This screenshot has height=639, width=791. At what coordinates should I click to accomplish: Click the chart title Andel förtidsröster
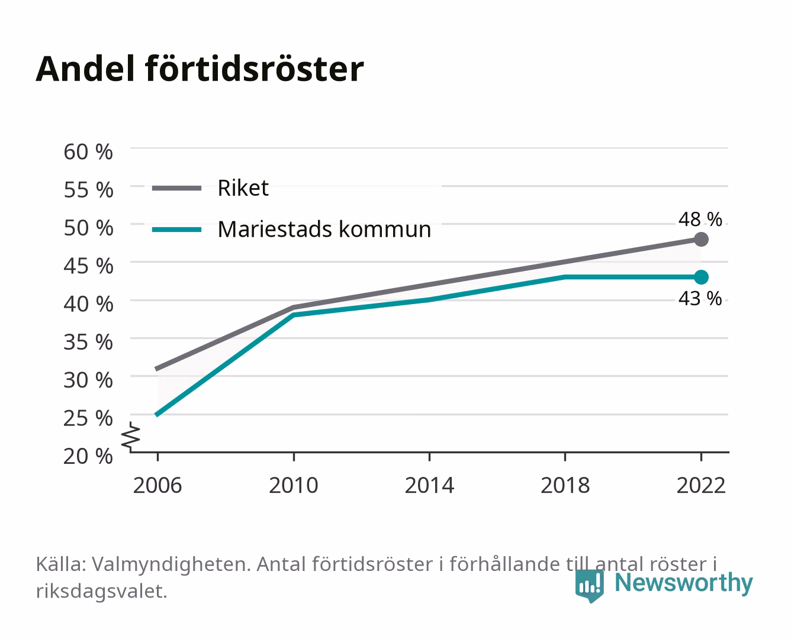tap(200, 69)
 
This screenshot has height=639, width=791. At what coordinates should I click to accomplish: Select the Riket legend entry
tap(210, 188)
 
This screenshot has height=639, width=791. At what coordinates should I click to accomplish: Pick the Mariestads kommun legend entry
tap(291, 230)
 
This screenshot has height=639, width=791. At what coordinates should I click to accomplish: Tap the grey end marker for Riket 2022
tap(701, 240)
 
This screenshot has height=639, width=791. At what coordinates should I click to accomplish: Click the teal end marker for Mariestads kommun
tap(701, 277)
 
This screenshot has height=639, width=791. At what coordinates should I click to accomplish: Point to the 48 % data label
tap(700, 220)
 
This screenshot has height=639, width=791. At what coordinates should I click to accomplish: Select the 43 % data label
tap(700, 299)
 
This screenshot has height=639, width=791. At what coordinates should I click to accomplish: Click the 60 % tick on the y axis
tap(88, 152)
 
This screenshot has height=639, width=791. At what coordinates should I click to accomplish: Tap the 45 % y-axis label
tap(88, 266)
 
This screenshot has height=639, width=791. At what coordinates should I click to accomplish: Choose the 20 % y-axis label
tap(88, 456)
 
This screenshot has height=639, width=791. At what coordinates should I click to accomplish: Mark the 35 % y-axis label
tap(88, 342)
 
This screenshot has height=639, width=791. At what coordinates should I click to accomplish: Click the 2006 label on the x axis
tap(157, 485)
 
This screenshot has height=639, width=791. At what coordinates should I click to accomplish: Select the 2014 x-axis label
tap(429, 485)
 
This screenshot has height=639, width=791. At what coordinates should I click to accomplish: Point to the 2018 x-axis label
tap(565, 485)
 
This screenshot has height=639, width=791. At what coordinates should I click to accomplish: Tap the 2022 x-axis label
tap(701, 485)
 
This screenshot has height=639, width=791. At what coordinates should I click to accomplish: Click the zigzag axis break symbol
tap(131, 437)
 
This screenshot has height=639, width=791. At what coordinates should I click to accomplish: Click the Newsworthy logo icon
tap(589, 586)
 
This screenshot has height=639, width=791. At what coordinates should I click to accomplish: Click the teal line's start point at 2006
tap(157, 415)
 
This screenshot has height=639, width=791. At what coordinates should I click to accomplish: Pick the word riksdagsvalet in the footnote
tap(101, 592)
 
